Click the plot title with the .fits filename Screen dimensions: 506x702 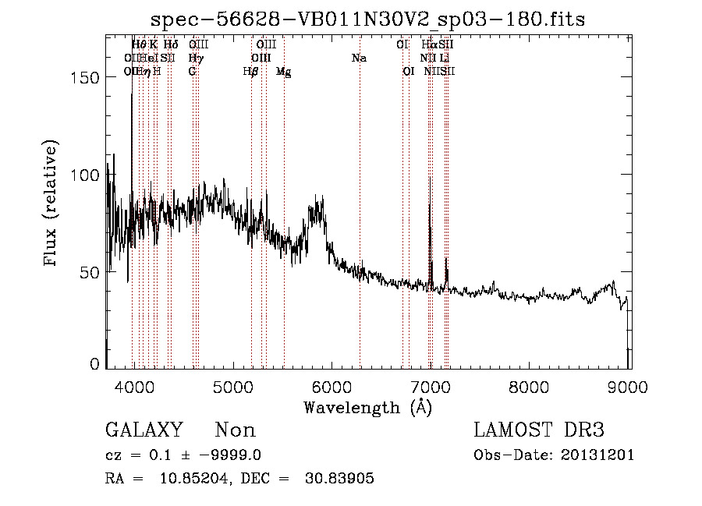coord(367,18)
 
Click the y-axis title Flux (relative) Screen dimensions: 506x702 coord(51,205)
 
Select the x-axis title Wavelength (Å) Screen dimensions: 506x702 coord(367,407)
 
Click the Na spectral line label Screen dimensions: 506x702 coord(359,58)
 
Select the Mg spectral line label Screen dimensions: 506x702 coord(284,72)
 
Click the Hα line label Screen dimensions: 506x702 coord(429,44)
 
